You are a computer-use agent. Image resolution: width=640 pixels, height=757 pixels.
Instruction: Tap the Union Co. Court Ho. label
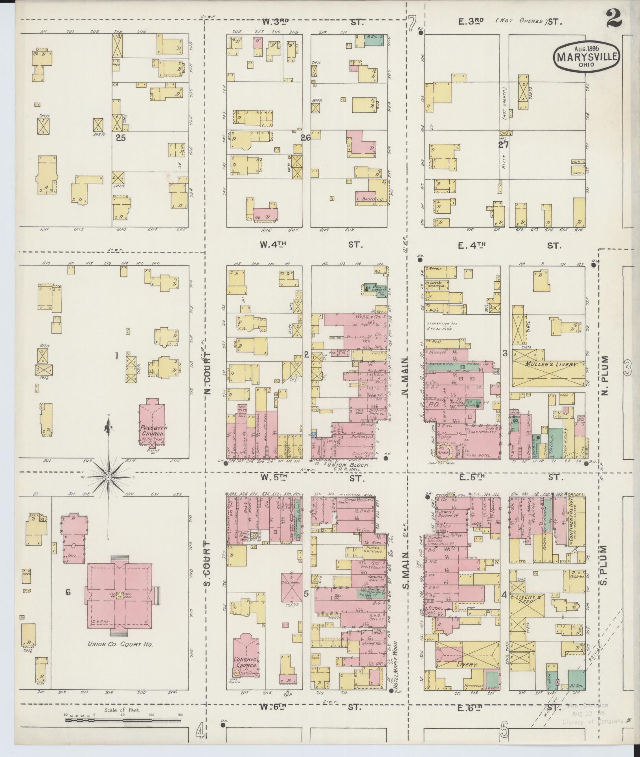tap(120, 644)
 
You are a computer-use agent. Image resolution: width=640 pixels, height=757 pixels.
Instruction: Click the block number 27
tap(503, 145)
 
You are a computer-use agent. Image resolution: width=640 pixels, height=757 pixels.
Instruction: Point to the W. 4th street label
tap(272, 244)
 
